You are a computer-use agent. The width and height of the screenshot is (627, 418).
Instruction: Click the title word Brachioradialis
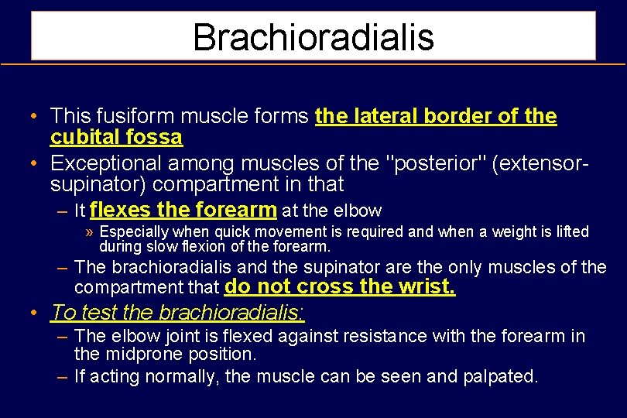(x=313, y=36)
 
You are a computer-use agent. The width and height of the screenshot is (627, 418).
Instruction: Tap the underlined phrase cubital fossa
(x=116, y=138)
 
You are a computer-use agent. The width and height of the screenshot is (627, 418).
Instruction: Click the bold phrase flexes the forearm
(x=183, y=210)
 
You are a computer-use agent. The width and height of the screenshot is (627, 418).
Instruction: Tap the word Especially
(x=135, y=232)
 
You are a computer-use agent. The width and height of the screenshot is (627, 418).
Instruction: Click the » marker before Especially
(x=91, y=232)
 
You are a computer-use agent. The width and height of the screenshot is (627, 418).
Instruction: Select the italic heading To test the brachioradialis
(x=177, y=313)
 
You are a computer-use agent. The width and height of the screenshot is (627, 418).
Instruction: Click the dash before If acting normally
(x=63, y=377)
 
